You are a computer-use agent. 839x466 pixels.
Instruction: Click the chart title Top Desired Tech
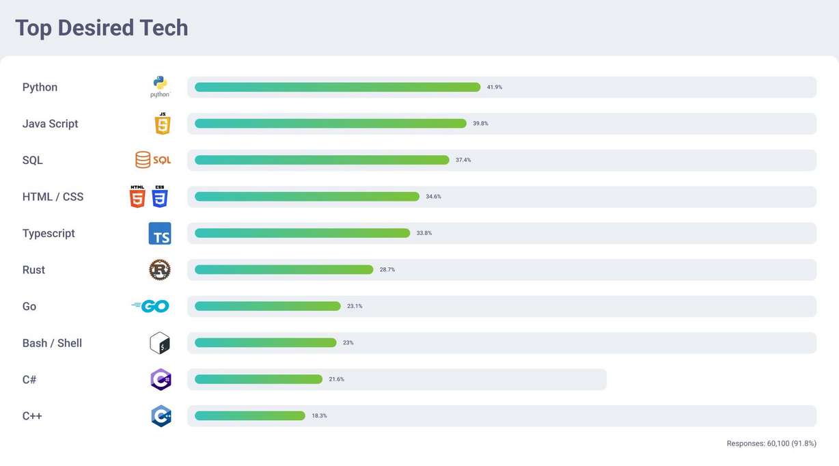click(101, 28)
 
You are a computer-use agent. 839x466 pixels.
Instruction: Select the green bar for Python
click(337, 87)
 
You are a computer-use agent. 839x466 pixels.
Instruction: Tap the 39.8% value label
click(480, 124)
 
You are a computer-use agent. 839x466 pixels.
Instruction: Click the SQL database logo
click(153, 160)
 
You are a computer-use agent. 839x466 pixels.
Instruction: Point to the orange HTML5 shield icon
click(137, 197)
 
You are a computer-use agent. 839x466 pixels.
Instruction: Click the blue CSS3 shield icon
click(159, 197)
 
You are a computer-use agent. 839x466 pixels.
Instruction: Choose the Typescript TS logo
click(160, 234)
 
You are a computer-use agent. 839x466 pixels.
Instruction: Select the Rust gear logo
click(160, 270)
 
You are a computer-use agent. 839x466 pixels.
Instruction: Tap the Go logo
click(151, 306)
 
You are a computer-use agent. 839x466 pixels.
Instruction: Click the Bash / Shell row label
click(52, 343)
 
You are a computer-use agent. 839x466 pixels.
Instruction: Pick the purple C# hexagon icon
click(161, 379)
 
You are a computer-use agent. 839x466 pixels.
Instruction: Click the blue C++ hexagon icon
click(161, 416)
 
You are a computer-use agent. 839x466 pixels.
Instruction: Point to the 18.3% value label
click(319, 415)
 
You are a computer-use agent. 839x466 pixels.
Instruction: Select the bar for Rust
click(284, 270)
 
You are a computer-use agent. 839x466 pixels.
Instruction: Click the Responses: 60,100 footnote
click(771, 443)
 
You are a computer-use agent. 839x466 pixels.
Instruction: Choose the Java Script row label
click(50, 124)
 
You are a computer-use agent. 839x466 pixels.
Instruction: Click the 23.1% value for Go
click(355, 306)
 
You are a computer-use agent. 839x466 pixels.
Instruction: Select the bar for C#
click(258, 379)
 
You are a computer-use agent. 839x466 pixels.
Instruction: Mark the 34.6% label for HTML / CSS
click(433, 197)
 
